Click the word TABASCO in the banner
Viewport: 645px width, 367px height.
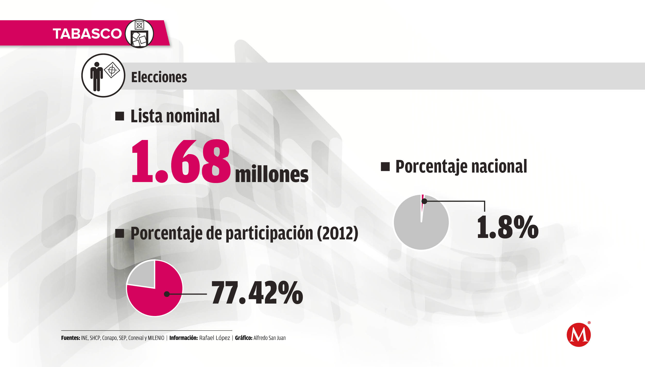point(87,34)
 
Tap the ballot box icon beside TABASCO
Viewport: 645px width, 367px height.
point(139,34)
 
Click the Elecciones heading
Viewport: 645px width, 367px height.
point(159,77)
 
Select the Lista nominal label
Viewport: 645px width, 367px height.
point(175,116)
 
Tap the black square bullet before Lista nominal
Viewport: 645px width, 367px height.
point(120,116)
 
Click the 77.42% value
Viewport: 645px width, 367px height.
point(257,293)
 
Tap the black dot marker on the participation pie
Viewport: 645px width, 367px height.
point(167,294)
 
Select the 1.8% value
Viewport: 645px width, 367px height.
point(508,227)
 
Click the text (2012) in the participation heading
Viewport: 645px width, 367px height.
point(337,233)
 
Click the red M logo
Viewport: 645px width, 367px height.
point(578,335)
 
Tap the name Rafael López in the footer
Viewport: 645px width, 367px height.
point(214,338)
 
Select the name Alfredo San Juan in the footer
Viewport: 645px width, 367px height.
point(269,338)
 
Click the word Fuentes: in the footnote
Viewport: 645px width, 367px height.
point(70,338)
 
